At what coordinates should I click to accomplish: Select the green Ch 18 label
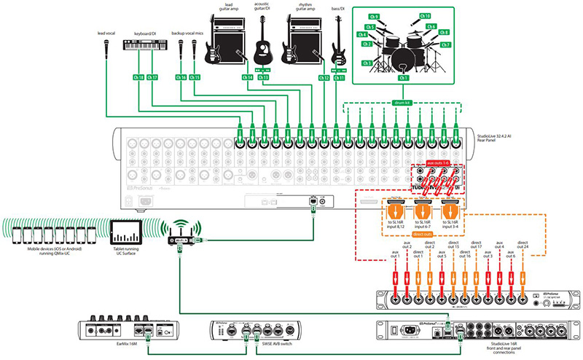click(139, 77)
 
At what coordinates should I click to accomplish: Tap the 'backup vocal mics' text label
click(187, 33)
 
